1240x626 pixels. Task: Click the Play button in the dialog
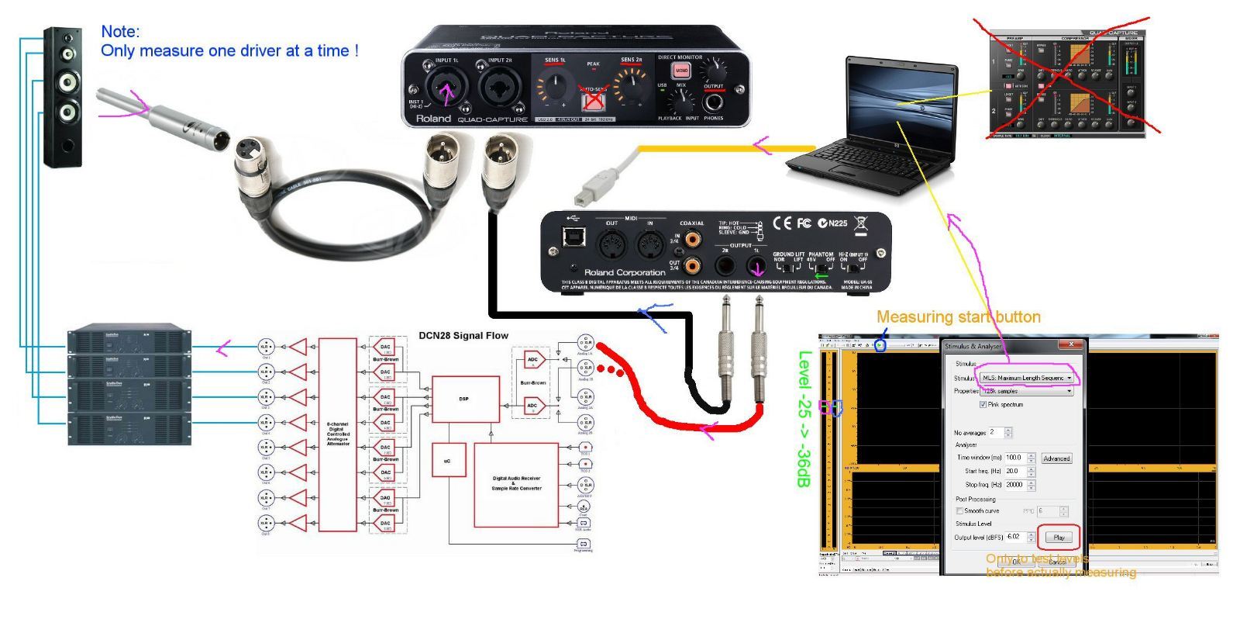pos(1059,537)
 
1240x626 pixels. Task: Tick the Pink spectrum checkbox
pos(983,405)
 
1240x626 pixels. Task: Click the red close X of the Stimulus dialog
pos(1072,344)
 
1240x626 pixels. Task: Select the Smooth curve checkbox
pos(959,511)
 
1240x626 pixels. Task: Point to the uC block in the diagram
pos(447,461)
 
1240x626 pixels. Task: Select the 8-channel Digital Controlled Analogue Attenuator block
pos(338,434)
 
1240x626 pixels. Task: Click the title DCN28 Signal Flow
pos(463,336)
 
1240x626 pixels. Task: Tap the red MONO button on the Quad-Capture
pos(681,71)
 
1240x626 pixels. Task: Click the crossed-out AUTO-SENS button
pos(593,99)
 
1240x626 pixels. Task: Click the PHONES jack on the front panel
pos(712,103)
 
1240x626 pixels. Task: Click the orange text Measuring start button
pos(958,316)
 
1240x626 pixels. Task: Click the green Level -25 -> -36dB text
pos(804,419)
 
